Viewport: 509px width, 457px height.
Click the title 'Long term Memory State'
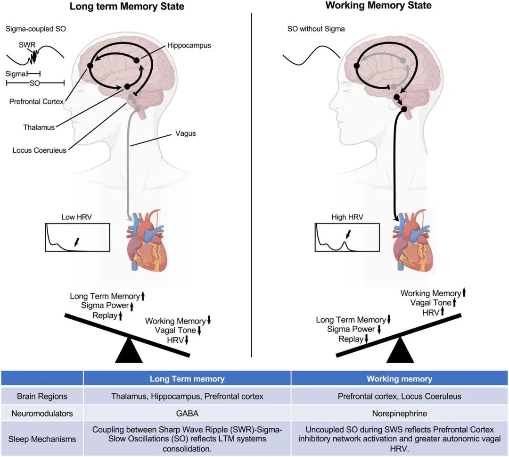(127, 7)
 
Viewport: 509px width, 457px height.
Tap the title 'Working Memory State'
(378, 6)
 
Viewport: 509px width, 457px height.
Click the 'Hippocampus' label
(189, 45)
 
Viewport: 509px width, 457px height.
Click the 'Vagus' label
(185, 133)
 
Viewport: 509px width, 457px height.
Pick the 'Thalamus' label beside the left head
(39, 127)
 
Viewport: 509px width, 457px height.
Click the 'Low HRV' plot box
(77, 237)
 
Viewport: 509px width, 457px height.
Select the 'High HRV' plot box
(346, 237)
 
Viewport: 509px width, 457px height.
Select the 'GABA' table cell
(187, 413)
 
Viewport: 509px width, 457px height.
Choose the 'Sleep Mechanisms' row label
(42, 439)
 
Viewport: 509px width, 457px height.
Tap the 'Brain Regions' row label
(42, 396)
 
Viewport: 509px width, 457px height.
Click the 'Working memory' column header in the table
(399, 379)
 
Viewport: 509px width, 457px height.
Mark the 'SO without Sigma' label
(316, 29)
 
